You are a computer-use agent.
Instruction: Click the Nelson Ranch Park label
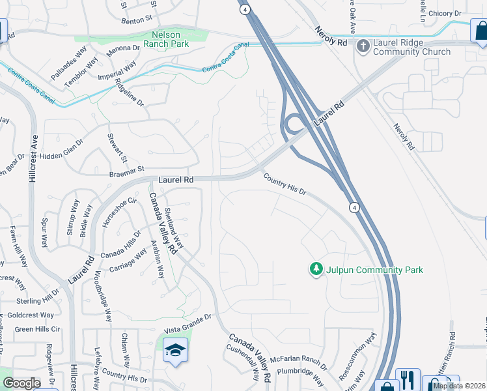pos(170,39)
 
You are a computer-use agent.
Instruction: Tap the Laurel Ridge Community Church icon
pos(362,46)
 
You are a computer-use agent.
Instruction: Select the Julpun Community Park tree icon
pos(316,269)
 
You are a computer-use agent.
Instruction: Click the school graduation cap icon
pos(174,351)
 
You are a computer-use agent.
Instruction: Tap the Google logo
pos(21,383)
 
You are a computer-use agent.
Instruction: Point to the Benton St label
pos(136,20)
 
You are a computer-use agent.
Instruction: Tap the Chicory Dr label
pos(445,14)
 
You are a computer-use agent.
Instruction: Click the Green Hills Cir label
pos(37,329)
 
